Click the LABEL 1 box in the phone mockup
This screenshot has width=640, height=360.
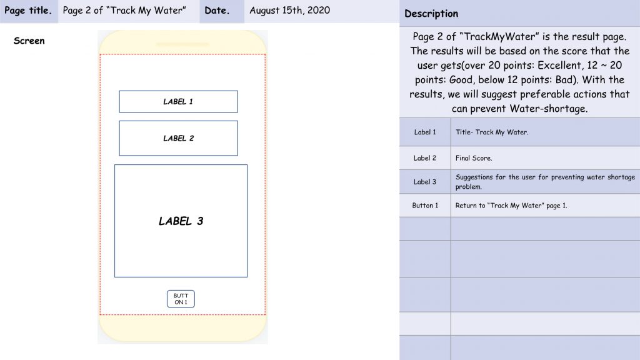[178, 102]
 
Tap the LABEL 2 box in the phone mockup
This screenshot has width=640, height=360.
[178, 138]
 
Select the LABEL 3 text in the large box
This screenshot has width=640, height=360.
[181, 221]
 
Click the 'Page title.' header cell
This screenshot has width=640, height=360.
[29, 11]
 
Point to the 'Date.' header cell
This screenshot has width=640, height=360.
[222, 11]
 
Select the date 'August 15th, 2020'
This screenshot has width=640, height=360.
[290, 10]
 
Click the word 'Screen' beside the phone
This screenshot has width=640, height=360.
[29, 41]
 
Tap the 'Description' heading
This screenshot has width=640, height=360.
[431, 14]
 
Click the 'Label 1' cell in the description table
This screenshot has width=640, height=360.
[425, 132]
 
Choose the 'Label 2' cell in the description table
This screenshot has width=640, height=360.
[425, 158]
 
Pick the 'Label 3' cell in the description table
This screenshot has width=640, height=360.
[425, 182]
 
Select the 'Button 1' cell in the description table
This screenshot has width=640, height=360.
[425, 205]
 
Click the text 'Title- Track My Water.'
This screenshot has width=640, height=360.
[492, 132]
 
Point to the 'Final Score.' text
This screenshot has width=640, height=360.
[474, 158]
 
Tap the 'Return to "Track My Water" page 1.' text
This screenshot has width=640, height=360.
[511, 205]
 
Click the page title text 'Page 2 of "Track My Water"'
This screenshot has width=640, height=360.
[124, 10]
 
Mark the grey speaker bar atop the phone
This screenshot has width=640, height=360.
[182, 44]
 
